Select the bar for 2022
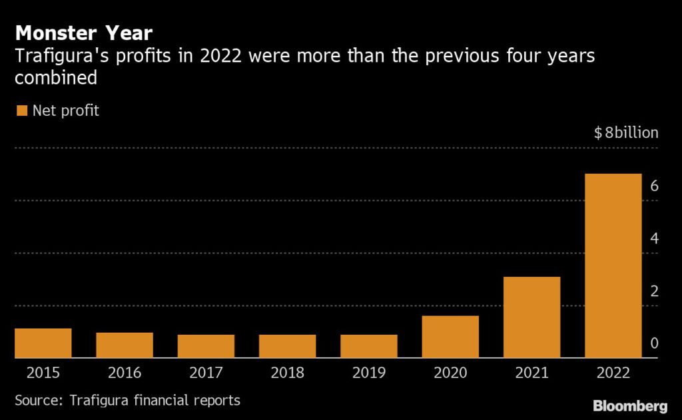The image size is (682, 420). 613,266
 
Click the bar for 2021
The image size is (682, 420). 531,317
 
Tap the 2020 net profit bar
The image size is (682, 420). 450,337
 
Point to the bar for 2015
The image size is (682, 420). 43,343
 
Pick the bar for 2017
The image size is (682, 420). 206,346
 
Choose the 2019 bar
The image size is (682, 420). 369,346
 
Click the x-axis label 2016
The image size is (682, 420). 125,373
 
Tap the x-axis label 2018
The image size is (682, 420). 287,373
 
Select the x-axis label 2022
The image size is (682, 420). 613,373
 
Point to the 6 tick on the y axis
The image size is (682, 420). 654,186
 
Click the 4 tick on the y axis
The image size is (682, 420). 654,238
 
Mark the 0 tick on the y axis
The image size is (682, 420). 654,343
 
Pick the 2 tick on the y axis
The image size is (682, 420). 654,291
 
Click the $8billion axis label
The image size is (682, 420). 626,132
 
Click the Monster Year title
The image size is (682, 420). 84,33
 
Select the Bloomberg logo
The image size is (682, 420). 629,405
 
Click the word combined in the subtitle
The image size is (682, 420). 56,78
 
